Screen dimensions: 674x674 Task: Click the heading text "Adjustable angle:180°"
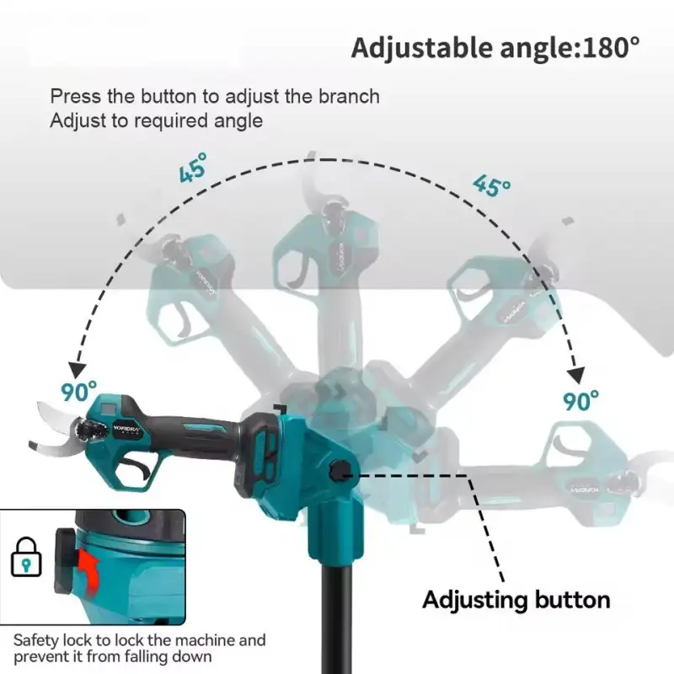click(x=495, y=48)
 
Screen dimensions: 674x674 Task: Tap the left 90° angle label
click(x=78, y=391)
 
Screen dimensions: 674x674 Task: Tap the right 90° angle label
click(x=580, y=400)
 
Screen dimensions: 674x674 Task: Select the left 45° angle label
click(x=193, y=167)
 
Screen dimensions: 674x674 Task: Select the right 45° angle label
click(x=492, y=185)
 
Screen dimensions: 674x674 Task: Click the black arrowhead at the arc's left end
click(x=78, y=371)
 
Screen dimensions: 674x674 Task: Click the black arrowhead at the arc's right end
click(x=576, y=375)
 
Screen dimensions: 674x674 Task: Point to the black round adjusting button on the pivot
click(x=340, y=472)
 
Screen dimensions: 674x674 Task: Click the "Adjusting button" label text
click(x=516, y=600)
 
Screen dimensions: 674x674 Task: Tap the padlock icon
click(x=26, y=557)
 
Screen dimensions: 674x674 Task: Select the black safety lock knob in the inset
click(x=65, y=561)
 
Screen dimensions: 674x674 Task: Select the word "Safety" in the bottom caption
click(x=35, y=641)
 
